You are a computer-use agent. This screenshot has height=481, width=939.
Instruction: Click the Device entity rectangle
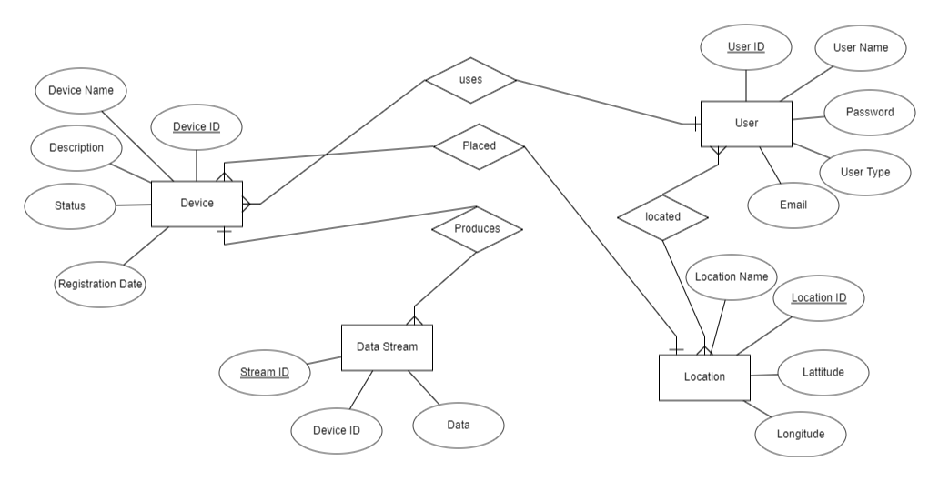click(x=197, y=204)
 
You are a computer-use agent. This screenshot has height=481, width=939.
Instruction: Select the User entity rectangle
click(x=746, y=123)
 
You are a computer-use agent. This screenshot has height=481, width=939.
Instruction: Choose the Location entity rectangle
click(x=704, y=376)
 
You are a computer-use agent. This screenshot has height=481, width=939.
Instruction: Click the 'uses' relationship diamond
click(x=470, y=80)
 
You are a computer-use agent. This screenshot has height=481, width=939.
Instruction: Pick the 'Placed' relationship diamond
click(x=479, y=145)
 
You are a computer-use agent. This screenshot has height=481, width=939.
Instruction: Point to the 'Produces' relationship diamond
click(x=477, y=229)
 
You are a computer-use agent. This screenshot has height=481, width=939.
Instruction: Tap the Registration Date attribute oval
click(x=100, y=284)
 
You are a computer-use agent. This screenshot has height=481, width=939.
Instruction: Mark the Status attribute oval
click(x=69, y=205)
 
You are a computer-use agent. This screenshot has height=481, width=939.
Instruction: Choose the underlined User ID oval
click(x=746, y=47)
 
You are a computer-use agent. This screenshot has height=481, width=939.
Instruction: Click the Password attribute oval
click(x=869, y=113)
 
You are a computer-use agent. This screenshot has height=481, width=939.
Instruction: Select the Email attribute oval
click(x=793, y=205)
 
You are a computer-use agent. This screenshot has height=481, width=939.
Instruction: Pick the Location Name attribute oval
click(x=731, y=276)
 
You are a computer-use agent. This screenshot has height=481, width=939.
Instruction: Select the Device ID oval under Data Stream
click(x=336, y=430)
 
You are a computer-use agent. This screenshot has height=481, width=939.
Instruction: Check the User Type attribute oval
click(x=865, y=171)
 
